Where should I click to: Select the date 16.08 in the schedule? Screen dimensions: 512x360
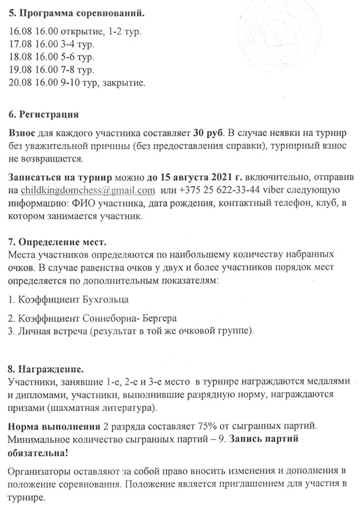point(20,32)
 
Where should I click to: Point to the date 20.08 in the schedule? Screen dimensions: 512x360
point(20,83)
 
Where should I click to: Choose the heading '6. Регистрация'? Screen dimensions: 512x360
point(44,116)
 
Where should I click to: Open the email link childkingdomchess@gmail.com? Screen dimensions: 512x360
point(87,191)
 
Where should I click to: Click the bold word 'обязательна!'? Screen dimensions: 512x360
point(39,452)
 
